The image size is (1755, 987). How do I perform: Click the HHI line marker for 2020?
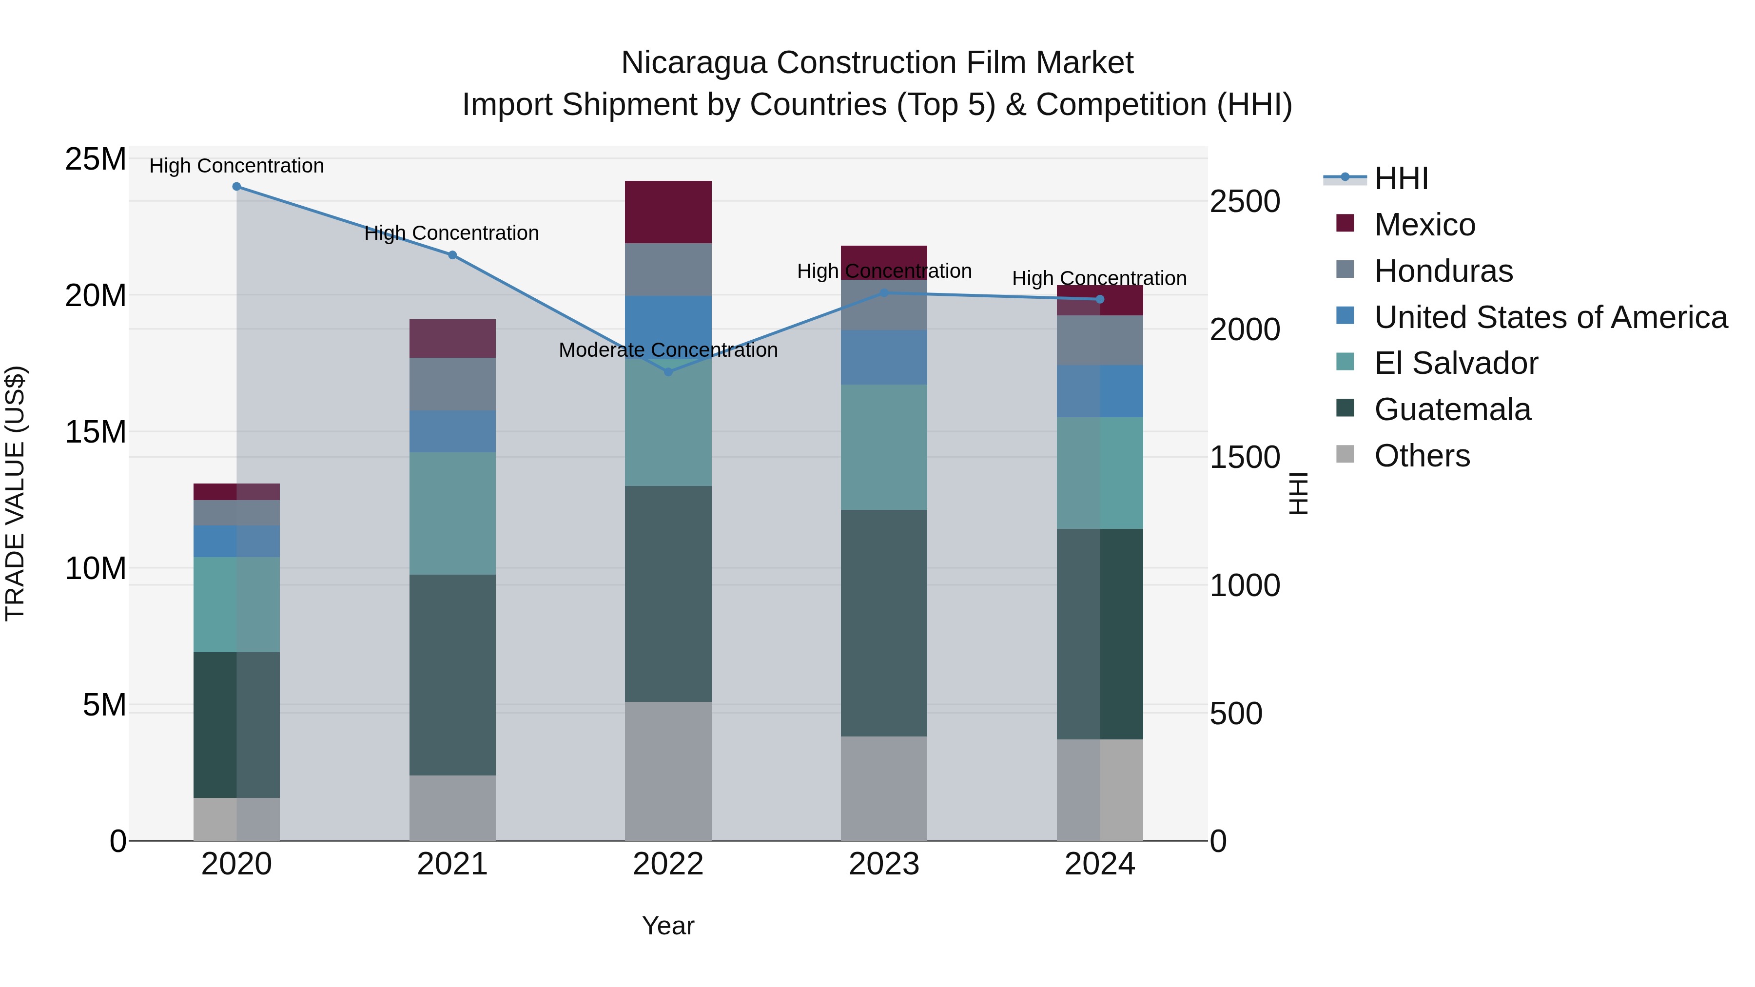[236, 187]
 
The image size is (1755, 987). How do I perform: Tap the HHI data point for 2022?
[668, 372]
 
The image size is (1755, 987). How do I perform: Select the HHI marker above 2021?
[452, 255]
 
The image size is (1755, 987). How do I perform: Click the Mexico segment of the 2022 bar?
[668, 212]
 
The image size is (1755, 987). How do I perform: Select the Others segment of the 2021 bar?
[452, 808]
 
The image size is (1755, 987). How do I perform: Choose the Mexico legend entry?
[1424, 225]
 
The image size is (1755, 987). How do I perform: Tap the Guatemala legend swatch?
[1345, 409]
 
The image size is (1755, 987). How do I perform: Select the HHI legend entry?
[1401, 178]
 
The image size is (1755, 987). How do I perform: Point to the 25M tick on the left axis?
[96, 159]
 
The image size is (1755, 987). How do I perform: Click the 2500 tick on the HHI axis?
[1245, 202]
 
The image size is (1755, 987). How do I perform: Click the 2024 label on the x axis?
[1100, 864]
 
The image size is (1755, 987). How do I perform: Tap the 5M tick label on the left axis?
[104, 705]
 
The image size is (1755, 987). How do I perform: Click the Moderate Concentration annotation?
[668, 350]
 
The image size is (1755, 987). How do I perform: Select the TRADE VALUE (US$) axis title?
[15, 493]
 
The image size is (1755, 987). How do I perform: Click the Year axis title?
[668, 926]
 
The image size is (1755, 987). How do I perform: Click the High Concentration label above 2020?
[236, 166]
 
